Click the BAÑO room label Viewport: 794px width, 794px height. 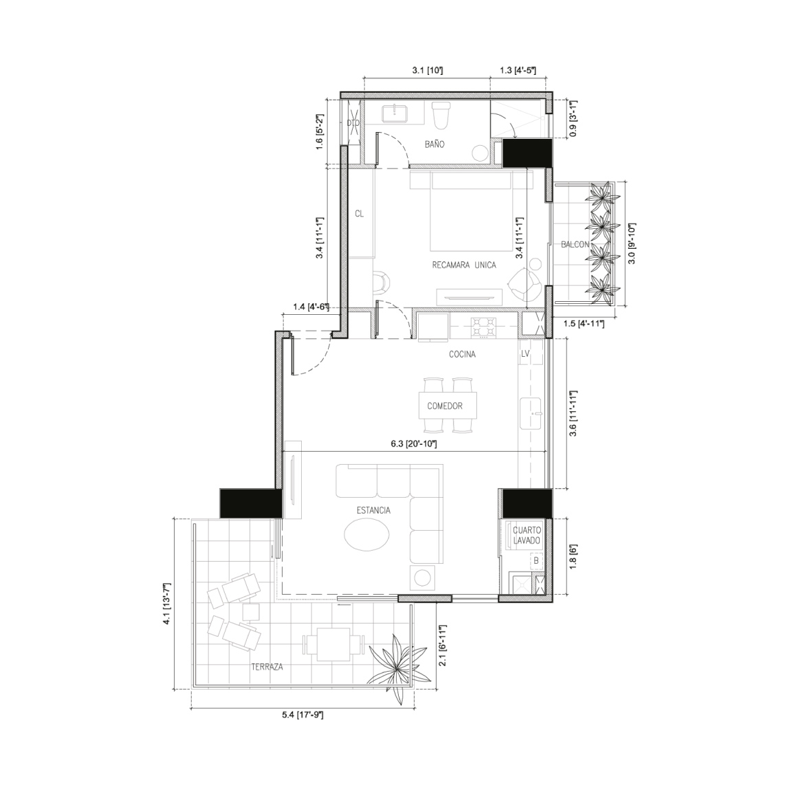[434, 144]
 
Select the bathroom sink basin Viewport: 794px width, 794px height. [395, 113]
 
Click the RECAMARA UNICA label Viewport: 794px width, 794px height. [464, 265]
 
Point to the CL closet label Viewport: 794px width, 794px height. [359, 214]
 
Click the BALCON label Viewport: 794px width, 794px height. [575, 245]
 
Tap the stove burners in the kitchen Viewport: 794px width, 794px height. [483, 327]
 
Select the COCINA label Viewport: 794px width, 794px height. [463, 355]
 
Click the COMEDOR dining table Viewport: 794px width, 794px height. [448, 406]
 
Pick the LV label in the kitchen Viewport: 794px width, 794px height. [525, 353]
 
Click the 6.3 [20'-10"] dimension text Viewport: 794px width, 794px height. [414, 444]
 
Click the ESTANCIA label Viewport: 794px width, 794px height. [374, 510]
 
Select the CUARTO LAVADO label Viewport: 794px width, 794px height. [527, 536]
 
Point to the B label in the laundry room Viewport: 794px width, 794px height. [536, 561]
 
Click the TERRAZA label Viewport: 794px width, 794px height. [267, 667]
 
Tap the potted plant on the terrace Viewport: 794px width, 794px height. [397, 665]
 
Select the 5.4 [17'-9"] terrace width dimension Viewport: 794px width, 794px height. [302, 715]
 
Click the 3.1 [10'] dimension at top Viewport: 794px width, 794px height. [428, 70]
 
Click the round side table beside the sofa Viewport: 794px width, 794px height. [421, 577]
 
